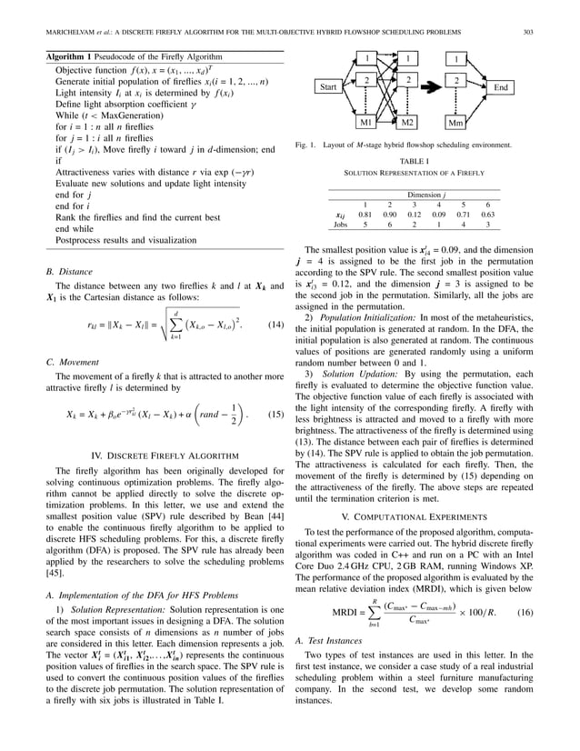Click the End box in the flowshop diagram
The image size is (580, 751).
(x=501, y=87)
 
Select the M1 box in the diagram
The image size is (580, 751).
(x=368, y=121)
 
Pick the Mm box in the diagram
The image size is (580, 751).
(x=456, y=122)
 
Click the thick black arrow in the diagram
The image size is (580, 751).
(x=433, y=87)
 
